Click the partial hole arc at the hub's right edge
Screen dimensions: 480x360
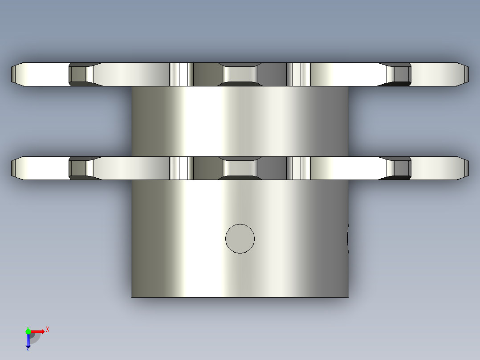(348, 239)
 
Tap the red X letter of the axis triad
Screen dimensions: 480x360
(48, 330)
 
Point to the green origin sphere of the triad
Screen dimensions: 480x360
(28, 331)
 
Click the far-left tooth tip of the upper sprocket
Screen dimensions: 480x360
(12, 74)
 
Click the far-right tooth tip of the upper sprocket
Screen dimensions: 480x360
(468, 74)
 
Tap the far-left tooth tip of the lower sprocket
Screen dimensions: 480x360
(12, 168)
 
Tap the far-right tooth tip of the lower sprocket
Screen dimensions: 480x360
(468, 168)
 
